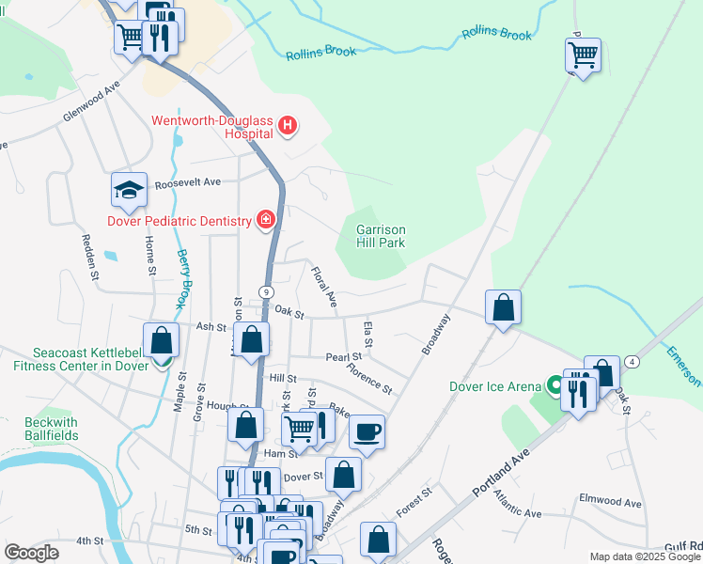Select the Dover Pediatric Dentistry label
pyautogui.click(x=180, y=222)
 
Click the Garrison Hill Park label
pyautogui.click(x=381, y=236)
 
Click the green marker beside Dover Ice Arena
pyautogui.click(x=555, y=385)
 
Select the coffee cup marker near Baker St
pyautogui.click(x=367, y=432)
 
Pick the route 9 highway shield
pyautogui.click(x=267, y=292)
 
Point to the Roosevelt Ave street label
pyautogui.click(x=187, y=182)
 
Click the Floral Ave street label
pyautogui.click(x=323, y=287)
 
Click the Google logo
pyautogui.click(x=32, y=553)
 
